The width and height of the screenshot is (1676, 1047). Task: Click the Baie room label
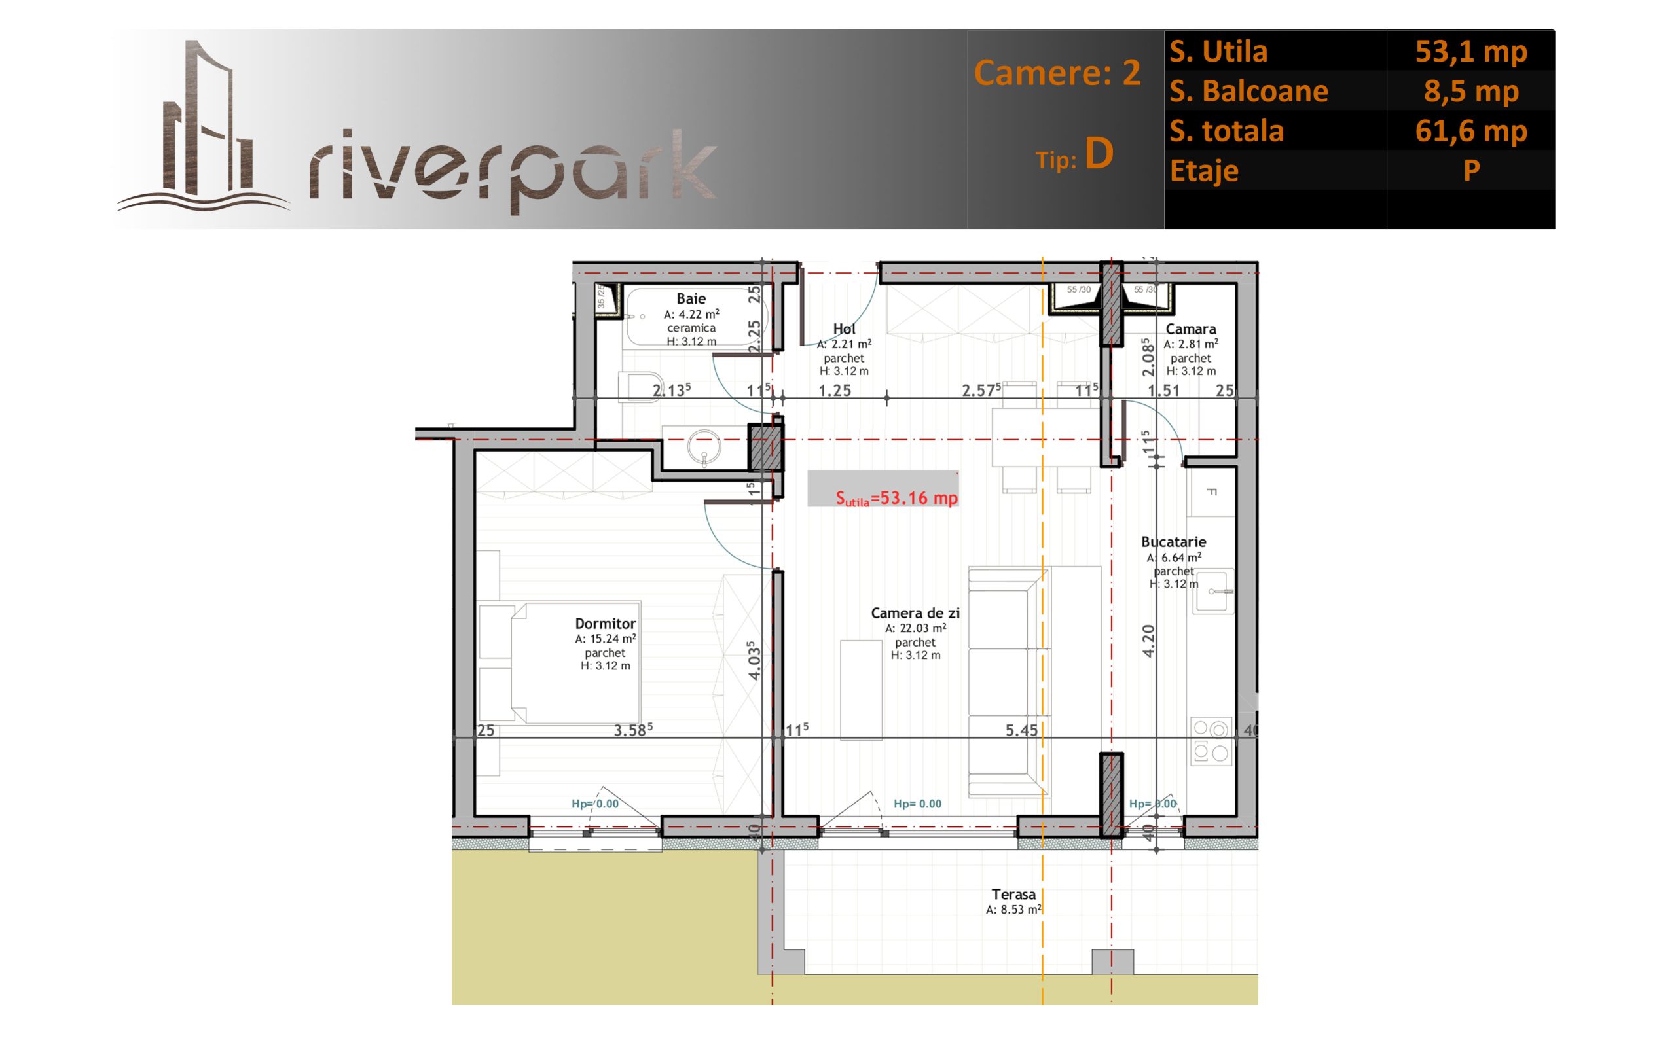pos(691,298)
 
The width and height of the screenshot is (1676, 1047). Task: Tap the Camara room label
pos(1190,329)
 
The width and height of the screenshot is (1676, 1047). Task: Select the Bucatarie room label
pos(1173,542)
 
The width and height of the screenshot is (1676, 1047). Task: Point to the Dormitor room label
pos(606,623)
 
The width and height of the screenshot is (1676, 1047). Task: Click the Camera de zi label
pos(915,613)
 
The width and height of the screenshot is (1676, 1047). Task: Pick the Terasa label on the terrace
pos(1013,894)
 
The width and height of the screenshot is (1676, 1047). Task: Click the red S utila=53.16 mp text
pos(897,498)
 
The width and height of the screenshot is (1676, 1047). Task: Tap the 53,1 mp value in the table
pos(1471,51)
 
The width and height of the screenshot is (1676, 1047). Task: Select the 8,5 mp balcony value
pos(1471,91)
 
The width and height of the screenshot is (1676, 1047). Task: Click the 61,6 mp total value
pos(1471,130)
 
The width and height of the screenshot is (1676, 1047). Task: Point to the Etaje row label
pos(1205,171)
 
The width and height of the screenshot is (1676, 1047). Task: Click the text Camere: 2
pos(1057,73)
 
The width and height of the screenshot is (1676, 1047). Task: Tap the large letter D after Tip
pos(1099,154)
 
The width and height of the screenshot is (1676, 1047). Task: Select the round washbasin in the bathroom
pos(704,447)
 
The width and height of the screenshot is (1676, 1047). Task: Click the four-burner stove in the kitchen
pos(1211,741)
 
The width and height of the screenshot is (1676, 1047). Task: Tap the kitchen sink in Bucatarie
pos(1212,591)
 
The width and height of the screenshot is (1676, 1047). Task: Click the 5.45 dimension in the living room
pos(1021,730)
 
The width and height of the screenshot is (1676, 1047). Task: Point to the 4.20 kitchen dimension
pos(1148,641)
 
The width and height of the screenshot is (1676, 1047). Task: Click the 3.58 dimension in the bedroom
pos(633,729)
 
